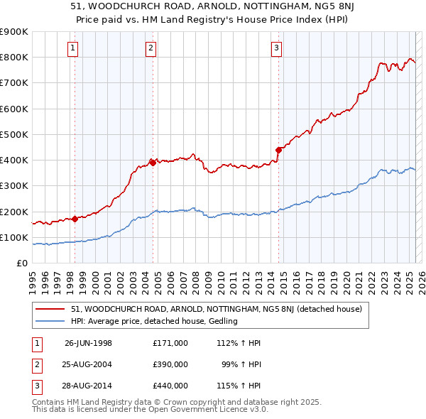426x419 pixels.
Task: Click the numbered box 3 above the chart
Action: click(276, 48)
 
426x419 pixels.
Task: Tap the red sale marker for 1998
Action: click(75, 219)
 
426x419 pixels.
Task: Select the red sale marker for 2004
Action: click(153, 162)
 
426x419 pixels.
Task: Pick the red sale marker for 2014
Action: click(278, 149)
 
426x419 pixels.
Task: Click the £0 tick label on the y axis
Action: click(21, 263)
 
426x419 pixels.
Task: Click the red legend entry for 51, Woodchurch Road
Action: click(217, 309)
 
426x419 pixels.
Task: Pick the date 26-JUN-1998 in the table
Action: click(88, 343)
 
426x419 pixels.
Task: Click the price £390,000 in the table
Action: click(170, 364)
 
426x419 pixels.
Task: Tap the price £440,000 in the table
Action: click(170, 386)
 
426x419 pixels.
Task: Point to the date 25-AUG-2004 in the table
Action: click(88, 364)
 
